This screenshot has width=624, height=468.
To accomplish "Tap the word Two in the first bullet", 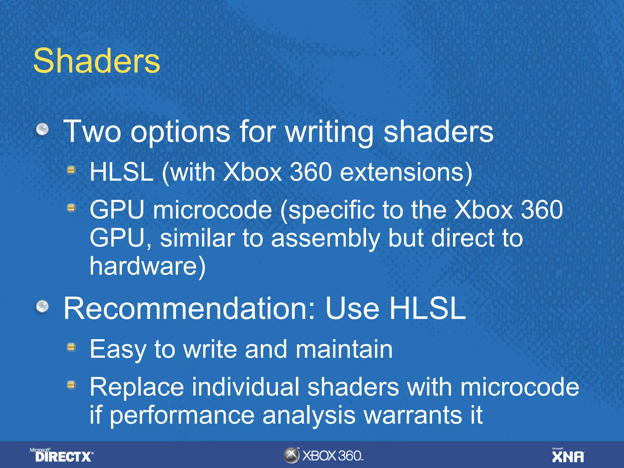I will coord(92,131).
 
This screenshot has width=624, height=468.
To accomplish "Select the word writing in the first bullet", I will coord(329,132).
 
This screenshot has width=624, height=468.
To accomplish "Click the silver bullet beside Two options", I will coord(42,129).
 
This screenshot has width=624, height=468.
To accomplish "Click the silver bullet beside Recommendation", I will coord(42,306).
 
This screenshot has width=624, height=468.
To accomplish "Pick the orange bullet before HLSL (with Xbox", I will coord(71,170).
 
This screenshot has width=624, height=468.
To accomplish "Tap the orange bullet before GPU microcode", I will coord(71,208).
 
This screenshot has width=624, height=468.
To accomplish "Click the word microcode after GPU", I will coord(212,210).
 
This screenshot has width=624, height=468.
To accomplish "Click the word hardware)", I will coord(147,266).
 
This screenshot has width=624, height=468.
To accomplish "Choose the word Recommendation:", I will coord(189,308).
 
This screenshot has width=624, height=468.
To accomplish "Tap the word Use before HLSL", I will coord(352,308).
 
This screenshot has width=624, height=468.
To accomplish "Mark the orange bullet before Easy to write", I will coord(71,347).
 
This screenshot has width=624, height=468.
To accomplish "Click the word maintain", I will coord(344,349).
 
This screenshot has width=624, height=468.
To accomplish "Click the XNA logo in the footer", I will coord(568,456).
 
